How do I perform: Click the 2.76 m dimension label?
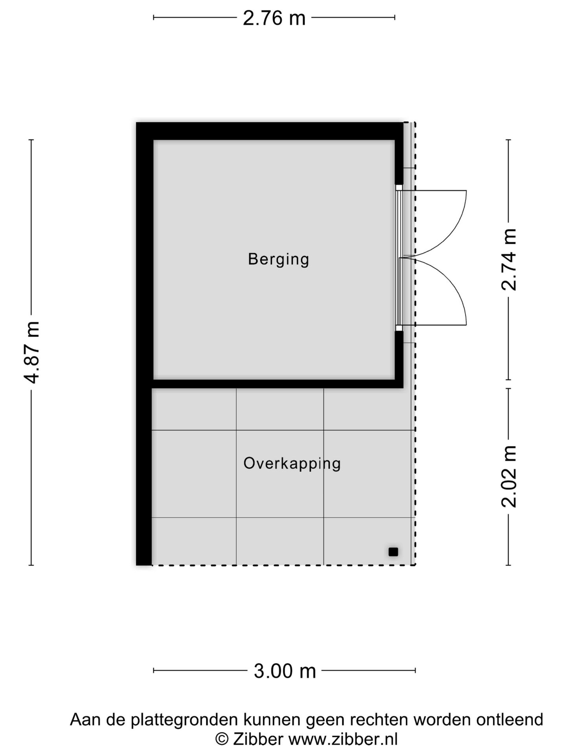point(274,18)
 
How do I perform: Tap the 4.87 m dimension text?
point(31,352)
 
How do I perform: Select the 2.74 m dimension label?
point(509,260)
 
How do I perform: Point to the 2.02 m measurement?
point(509,477)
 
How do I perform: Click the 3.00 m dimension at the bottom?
point(285,671)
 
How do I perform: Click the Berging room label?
point(278,259)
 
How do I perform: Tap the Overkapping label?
point(292,463)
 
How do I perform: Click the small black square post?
point(393,552)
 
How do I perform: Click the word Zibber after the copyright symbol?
point(258,739)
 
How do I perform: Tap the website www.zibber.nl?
point(343,739)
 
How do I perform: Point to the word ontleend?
point(509,720)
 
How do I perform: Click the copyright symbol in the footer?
point(222,739)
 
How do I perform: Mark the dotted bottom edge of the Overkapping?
point(283,565)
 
